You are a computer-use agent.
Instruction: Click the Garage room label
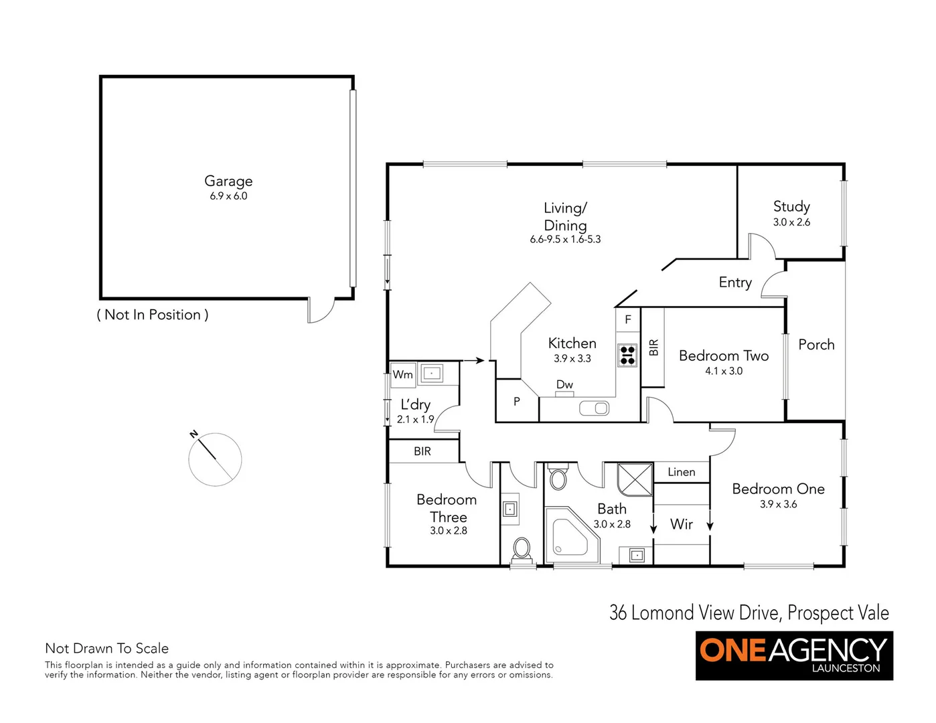point(228,181)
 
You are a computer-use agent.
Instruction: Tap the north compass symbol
point(214,459)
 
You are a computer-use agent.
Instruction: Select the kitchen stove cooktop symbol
point(627,355)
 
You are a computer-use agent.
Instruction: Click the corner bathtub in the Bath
point(568,540)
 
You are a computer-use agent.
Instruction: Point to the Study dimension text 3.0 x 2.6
point(791,222)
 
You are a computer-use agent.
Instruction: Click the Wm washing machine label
point(402,374)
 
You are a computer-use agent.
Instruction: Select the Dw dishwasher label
point(564,384)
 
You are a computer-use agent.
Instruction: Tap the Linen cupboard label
point(681,472)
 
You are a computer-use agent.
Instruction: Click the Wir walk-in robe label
point(682,524)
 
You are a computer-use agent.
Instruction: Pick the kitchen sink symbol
point(594,408)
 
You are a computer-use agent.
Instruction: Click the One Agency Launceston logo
point(794,655)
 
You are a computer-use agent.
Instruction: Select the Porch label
point(816,345)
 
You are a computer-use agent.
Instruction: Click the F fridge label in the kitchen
point(628,319)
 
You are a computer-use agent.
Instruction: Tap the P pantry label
point(516,402)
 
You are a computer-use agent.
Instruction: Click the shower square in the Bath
point(635,479)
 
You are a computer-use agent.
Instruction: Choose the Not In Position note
point(153,315)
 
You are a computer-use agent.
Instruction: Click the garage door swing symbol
point(321,311)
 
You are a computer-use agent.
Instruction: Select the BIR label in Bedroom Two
point(653,347)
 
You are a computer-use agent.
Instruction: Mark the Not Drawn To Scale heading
point(106,648)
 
